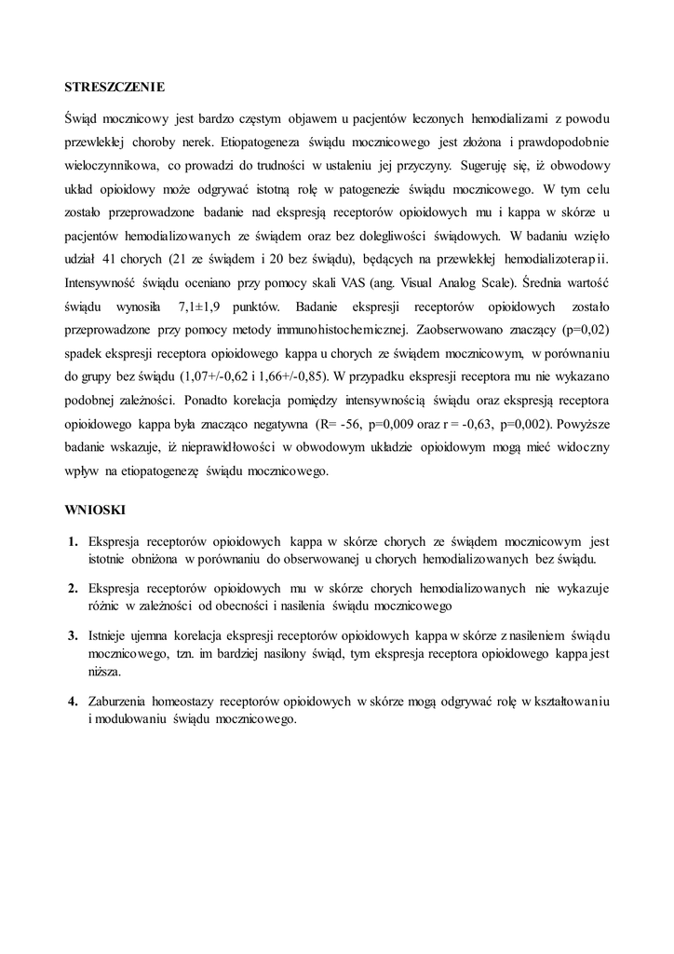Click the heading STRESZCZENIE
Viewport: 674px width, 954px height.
(115, 88)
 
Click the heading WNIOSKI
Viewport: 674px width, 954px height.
(95, 511)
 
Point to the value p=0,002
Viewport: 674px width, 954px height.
(528, 424)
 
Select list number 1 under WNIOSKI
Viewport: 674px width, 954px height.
(72, 541)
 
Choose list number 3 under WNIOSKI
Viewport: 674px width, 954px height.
(72, 634)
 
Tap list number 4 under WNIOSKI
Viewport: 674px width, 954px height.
(72, 700)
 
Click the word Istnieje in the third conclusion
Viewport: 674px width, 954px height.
(110, 634)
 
